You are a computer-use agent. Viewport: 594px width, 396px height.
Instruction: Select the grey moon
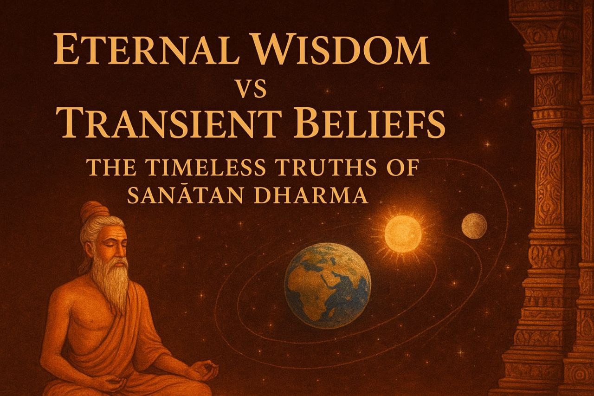pos(474,226)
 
